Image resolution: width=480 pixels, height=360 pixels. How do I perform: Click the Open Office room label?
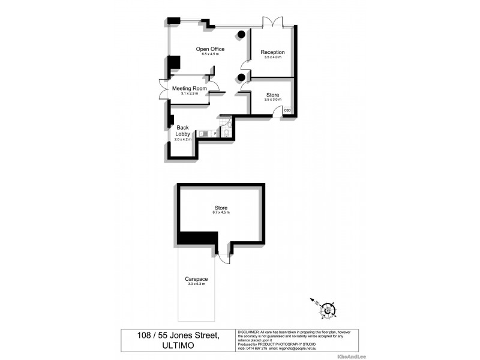pyautogui.click(x=210, y=49)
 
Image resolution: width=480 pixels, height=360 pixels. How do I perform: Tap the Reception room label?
pyautogui.click(x=272, y=52)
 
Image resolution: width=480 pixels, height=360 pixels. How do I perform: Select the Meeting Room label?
pyautogui.click(x=189, y=88)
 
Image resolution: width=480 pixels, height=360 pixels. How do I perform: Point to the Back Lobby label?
pyautogui.click(x=182, y=130)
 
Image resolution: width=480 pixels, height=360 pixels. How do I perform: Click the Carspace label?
pyautogui.click(x=197, y=280)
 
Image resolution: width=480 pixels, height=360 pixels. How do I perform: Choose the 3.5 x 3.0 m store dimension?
pyautogui.click(x=272, y=100)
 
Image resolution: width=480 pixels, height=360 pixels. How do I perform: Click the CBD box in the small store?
pyautogui.click(x=287, y=110)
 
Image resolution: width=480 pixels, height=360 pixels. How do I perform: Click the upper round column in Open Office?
pyautogui.click(x=241, y=34)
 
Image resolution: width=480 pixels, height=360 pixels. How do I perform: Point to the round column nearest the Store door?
pyautogui.click(x=241, y=77)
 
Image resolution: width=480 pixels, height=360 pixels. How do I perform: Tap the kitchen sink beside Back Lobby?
pyautogui.click(x=203, y=133)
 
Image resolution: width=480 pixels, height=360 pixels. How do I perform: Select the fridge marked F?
pyautogui.click(x=214, y=133)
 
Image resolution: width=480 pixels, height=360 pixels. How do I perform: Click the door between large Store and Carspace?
pyautogui.click(x=223, y=256)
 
